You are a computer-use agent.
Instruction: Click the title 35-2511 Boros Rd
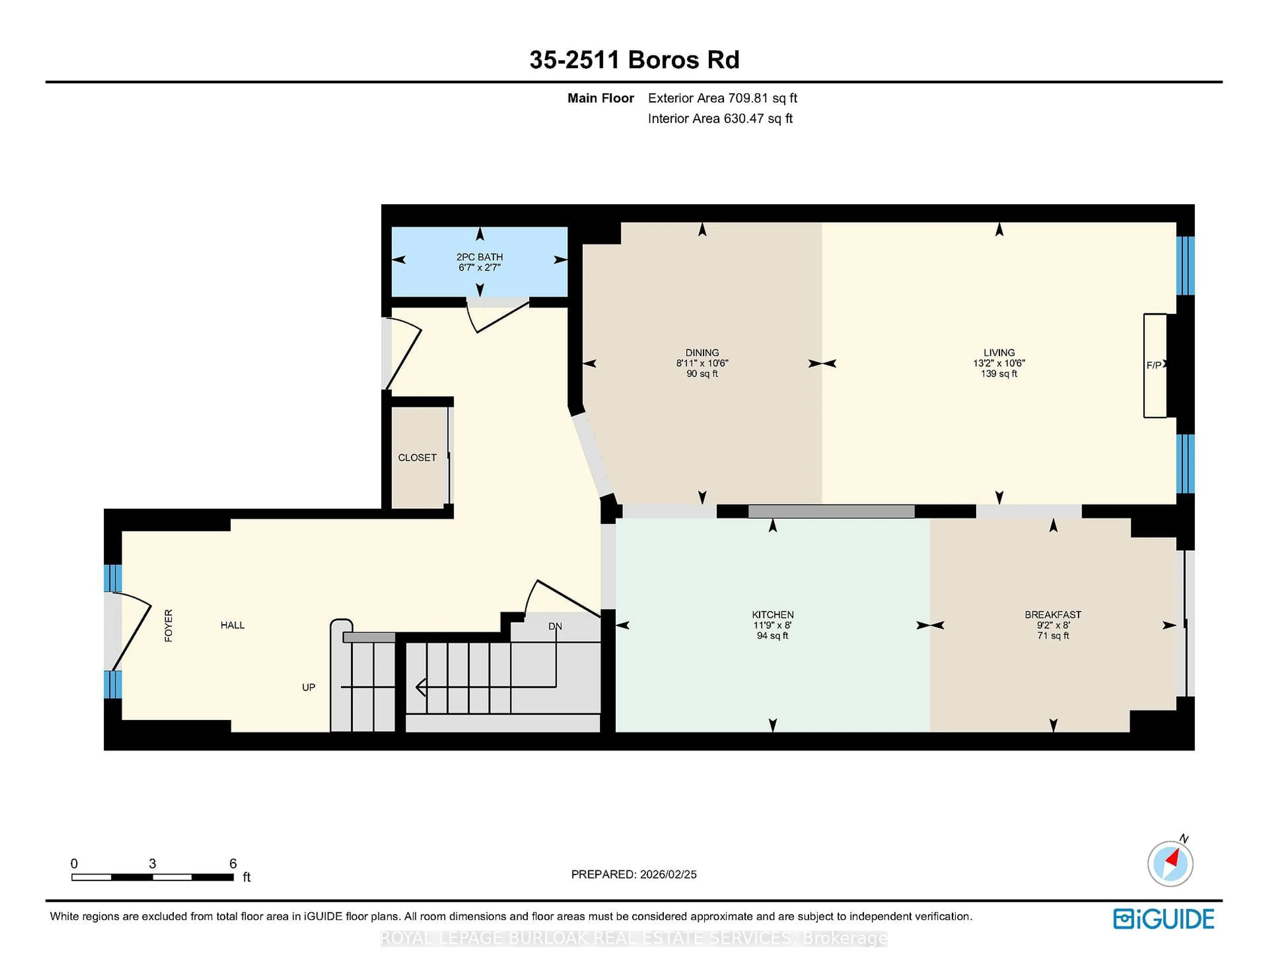point(634,60)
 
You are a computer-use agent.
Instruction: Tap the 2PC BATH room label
point(479,257)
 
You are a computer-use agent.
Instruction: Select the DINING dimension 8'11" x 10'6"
point(702,363)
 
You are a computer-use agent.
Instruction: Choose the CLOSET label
point(417,458)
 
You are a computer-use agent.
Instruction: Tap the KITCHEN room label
point(772,614)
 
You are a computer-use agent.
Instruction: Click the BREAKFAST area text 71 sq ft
point(1053,636)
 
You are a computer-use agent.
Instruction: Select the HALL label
point(232,625)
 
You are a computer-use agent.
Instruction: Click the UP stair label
point(308,687)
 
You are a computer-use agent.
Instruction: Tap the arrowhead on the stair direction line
point(420,687)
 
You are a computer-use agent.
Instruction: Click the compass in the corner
point(1170,864)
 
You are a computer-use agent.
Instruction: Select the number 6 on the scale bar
point(233,863)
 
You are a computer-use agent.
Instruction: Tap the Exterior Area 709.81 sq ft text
point(722,98)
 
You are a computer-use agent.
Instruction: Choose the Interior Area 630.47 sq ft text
point(720,119)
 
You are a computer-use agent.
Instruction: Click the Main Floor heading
point(600,98)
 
